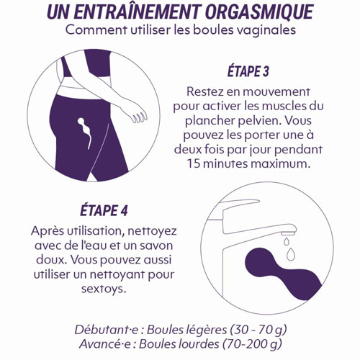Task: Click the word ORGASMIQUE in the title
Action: tap(259, 12)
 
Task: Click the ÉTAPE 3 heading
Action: tap(248, 71)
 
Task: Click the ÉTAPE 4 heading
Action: tap(104, 210)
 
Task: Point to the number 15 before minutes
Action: tap(194, 164)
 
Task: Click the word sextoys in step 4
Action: tap(104, 289)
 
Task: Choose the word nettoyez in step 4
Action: tap(152, 231)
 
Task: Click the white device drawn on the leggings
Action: tap(85, 132)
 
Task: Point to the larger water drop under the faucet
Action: tap(291, 254)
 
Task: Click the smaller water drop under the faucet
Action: tap(286, 241)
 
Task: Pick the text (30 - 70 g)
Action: tap(258, 330)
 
